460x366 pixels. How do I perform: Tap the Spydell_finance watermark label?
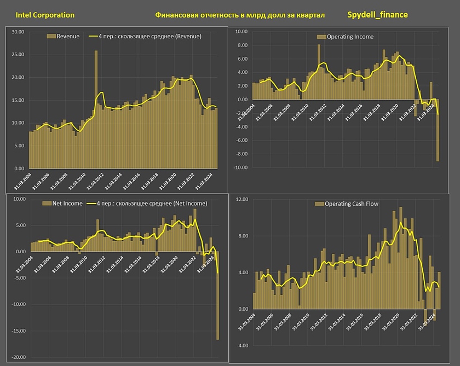click(x=377, y=15)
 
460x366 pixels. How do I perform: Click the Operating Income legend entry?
click(x=350, y=37)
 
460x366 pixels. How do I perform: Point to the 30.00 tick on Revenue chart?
click(x=18, y=32)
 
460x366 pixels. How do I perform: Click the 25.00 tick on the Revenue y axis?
click(x=18, y=55)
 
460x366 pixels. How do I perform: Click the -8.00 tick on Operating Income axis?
click(x=242, y=154)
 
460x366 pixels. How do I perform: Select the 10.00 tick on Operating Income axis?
click(x=242, y=32)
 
